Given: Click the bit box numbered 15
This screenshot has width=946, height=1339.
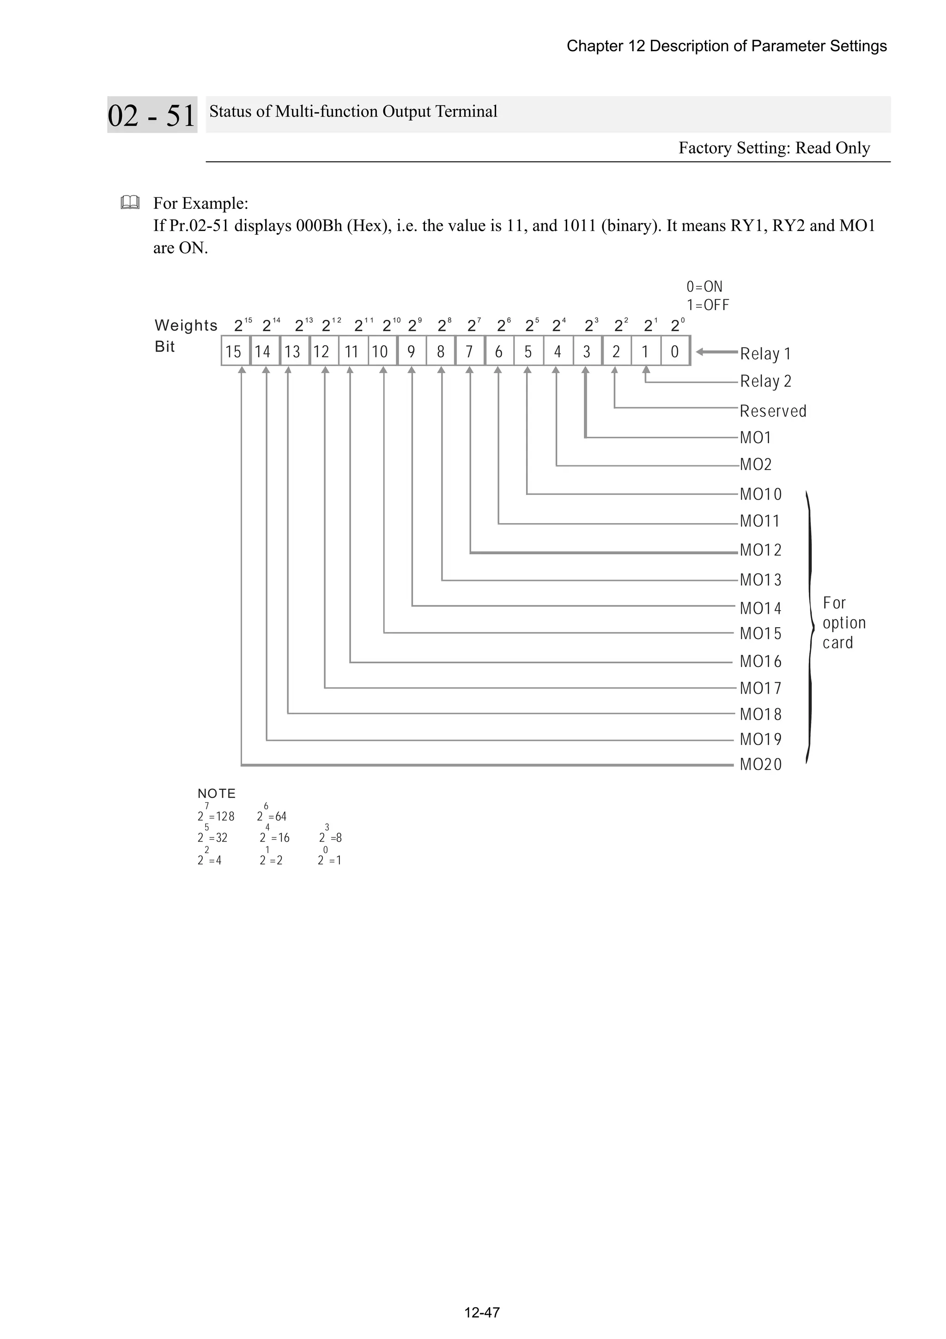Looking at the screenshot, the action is [x=234, y=351].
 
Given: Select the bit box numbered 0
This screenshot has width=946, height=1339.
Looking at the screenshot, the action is [x=675, y=351].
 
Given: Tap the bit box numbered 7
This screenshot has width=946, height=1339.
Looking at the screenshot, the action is [x=469, y=351].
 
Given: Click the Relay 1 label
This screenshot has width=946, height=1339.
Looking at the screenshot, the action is [x=765, y=354].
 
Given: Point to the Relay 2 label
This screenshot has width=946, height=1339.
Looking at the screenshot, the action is [x=765, y=381].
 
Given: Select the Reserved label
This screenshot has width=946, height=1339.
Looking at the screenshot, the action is [x=773, y=411].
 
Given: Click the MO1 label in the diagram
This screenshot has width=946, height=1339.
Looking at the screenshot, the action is [x=755, y=437].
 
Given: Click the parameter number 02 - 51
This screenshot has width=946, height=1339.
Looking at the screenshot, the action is [x=152, y=115].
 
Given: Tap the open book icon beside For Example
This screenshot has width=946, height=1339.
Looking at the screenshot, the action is [x=129, y=203].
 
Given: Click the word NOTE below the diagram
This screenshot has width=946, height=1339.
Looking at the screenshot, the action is [x=217, y=794].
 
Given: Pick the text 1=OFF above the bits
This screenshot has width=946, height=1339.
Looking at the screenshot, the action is [x=708, y=305].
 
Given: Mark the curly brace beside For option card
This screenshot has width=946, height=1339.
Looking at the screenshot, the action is [x=810, y=627].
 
